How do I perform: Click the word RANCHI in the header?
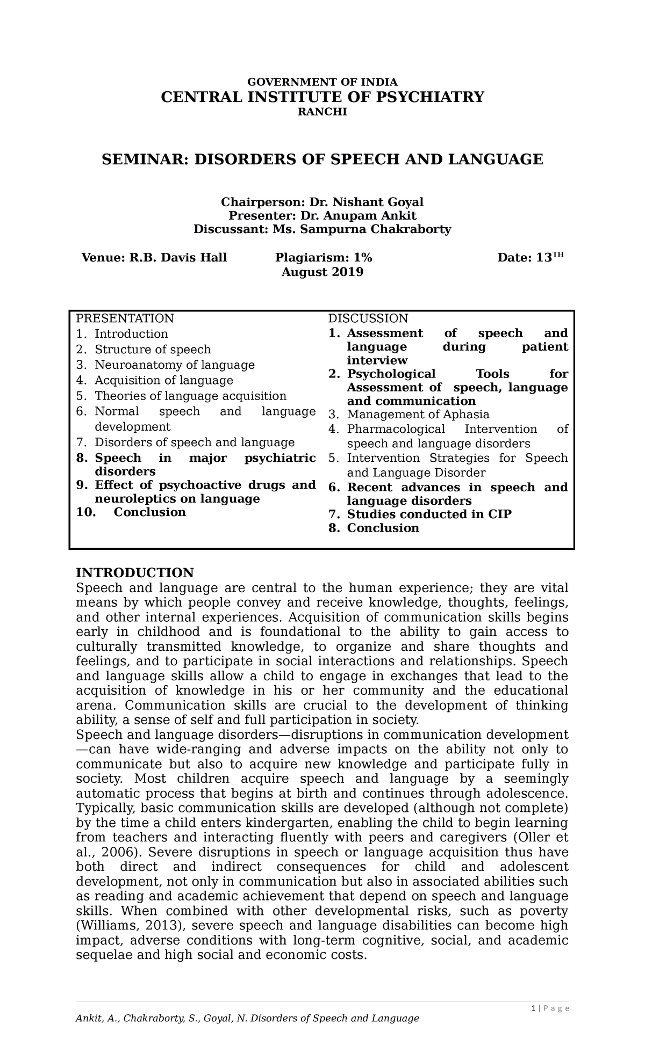click(x=322, y=112)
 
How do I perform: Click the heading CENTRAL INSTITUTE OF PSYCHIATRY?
click(x=322, y=97)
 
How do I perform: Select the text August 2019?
click(x=322, y=272)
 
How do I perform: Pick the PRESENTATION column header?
click(x=125, y=318)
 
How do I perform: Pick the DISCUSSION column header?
click(x=368, y=318)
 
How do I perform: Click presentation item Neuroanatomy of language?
click(x=174, y=365)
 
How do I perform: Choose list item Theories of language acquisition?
click(x=190, y=396)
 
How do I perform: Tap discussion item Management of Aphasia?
click(x=418, y=415)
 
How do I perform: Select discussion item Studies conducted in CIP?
click(x=429, y=514)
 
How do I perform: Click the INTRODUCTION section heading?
click(x=134, y=572)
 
